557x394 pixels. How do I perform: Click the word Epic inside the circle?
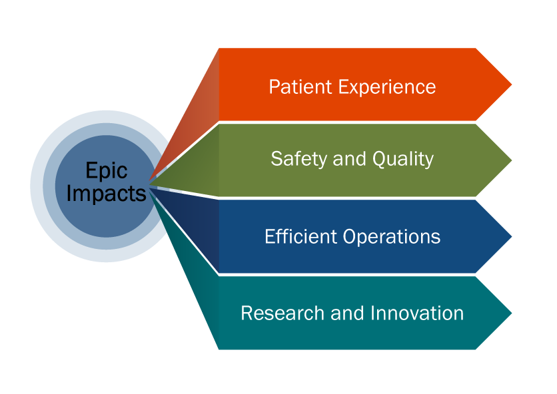[x=106, y=171]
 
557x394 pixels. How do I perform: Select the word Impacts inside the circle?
[x=106, y=193]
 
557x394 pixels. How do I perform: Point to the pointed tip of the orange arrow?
[x=510, y=85]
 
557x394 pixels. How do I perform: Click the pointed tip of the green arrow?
[x=510, y=160]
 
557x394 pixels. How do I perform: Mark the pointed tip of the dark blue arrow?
[x=510, y=236]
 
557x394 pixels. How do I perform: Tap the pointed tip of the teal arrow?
[x=510, y=312]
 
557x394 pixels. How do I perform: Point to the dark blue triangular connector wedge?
[x=200, y=226]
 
